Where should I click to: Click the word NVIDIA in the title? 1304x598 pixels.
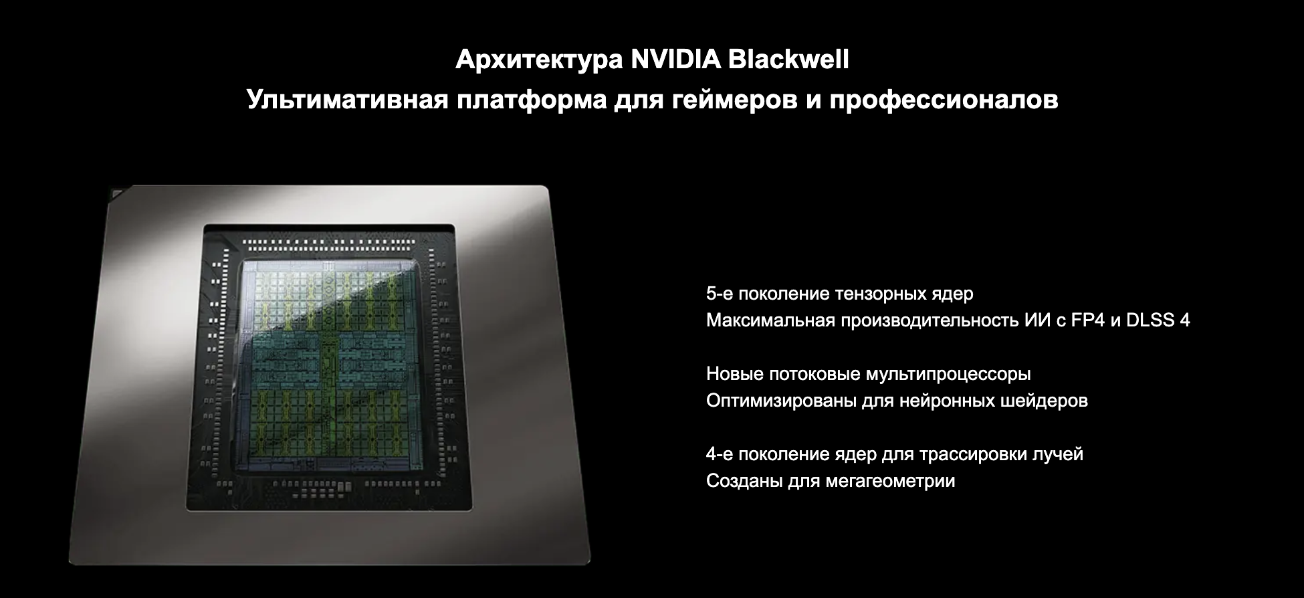coord(675,60)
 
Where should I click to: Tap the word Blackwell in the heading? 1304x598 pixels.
coord(788,60)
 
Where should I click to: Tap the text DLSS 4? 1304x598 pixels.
coord(1158,320)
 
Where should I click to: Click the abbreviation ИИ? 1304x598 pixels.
coord(1037,320)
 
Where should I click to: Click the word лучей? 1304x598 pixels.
coord(1058,455)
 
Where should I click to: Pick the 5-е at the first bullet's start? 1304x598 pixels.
coord(720,294)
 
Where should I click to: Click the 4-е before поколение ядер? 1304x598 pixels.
coord(720,454)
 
